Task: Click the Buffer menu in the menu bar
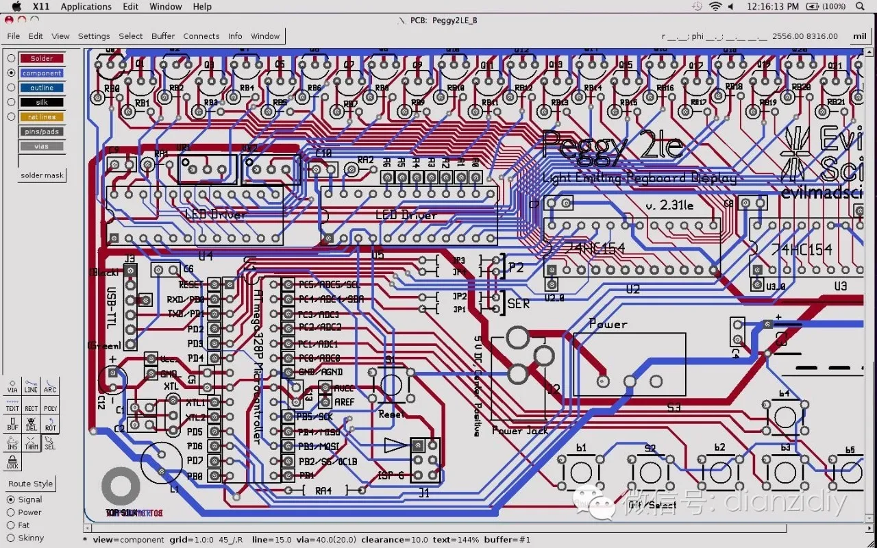(163, 36)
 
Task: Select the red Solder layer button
(41, 58)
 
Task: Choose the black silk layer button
(41, 102)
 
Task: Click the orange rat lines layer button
(41, 116)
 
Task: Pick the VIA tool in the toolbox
(12, 386)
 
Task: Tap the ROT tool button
(50, 424)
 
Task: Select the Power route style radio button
(11, 512)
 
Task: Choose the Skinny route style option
(11, 538)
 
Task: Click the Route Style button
(30, 484)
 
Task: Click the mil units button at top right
(859, 36)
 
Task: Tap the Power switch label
(608, 324)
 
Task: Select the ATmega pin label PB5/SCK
(315, 416)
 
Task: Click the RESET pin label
(190, 284)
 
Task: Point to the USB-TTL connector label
(112, 308)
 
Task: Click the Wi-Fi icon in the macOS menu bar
(715, 7)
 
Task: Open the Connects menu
(201, 36)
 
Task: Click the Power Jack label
(521, 431)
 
